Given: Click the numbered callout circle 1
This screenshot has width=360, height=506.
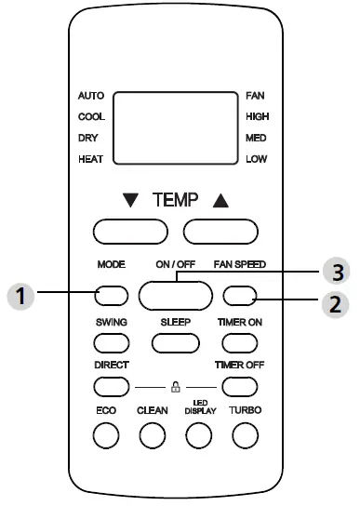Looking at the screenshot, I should click(20, 298).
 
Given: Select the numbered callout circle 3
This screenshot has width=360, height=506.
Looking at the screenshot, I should click(336, 271).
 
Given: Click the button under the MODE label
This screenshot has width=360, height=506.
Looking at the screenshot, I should click(111, 297).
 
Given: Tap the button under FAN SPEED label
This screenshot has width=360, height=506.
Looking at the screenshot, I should click(239, 297).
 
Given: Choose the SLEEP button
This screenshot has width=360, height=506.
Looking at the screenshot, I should click(175, 341).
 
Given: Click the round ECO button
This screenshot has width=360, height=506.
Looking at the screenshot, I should click(106, 433).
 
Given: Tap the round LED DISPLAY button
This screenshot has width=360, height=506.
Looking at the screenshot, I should click(198, 433).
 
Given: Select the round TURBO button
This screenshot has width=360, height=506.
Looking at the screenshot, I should click(244, 433).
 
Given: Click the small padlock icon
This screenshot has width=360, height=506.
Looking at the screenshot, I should click(175, 386).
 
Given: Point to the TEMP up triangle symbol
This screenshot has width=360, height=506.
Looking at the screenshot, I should click(219, 200).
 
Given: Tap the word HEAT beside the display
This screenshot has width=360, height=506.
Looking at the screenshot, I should click(91, 160).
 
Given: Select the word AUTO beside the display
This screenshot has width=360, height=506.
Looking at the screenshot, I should click(91, 96).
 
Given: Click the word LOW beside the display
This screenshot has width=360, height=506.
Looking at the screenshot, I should click(257, 160).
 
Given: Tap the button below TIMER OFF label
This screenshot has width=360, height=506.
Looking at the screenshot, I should click(239, 386).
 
